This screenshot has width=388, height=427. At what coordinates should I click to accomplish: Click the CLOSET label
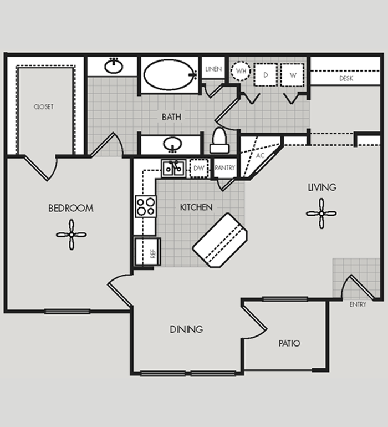pyautogui.click(x=44, y=106)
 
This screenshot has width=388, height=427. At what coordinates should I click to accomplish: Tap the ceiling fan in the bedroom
pyautogui.click(x=72, y=235)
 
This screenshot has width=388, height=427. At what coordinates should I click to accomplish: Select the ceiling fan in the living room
pyautogui.click(x=321, y=213)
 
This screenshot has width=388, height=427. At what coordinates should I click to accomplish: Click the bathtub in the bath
pyautogui.click(x=170, y=75)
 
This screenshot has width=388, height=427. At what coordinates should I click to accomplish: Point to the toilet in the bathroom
pyautogui.click(x=219, y=140)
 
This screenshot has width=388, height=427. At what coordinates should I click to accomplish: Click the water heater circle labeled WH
pyautogui.click(x=241, y=71)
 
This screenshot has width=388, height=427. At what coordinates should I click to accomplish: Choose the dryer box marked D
pyautogui.click(x=266, y=75)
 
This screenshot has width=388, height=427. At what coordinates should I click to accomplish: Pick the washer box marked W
pyautogui.click(x=293, y=75)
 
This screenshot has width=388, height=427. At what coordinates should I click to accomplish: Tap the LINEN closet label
pyautogui.click(x=213, y=69)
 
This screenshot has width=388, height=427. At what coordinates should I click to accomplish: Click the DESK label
pyautogui.click(x=346, y=78)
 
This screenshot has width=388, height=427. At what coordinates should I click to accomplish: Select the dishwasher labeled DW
pyautogui.click(x=199, y=168)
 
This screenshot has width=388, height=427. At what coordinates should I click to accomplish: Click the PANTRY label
pyautogui.click(x=224, y=167)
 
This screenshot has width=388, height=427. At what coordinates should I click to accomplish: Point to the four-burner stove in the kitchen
pyautogui.click(x=146, y=206)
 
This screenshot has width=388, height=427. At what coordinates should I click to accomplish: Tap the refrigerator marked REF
pyautogui.click(x=148, y=251)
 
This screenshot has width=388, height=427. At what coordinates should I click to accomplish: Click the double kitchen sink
pyautogui.click(x=173, y=169)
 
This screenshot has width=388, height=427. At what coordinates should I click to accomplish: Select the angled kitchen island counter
pyautogui.click(x=219, y=240)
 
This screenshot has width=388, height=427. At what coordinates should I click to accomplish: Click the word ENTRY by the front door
pyautogui.click(x=358, y=304)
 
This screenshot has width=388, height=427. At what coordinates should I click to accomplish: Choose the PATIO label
pyautogui.click(x=289, y=343)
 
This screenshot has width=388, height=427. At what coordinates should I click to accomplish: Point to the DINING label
pyautogui.click(x=186, y=329)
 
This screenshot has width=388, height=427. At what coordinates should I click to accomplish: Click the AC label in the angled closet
pyautogui.click(x=261, y=155)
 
